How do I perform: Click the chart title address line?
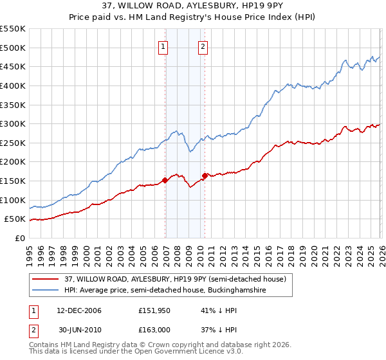[x=192, y=5]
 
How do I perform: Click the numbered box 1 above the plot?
[x=163, y=46]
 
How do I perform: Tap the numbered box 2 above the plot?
[x=203, y=46]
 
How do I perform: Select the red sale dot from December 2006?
[x=165, y=180]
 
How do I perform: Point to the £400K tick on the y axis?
[x=14, y=85]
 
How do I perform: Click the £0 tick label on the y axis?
[x=19, y=238]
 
